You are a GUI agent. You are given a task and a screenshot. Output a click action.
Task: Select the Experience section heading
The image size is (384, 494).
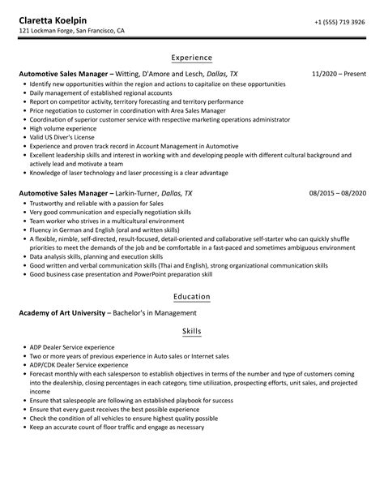192,58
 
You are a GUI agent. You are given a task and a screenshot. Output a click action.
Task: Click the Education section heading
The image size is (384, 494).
192,296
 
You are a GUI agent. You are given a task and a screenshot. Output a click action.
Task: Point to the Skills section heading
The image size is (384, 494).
192,332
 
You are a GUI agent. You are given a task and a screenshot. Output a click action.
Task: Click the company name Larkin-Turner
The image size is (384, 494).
158,194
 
